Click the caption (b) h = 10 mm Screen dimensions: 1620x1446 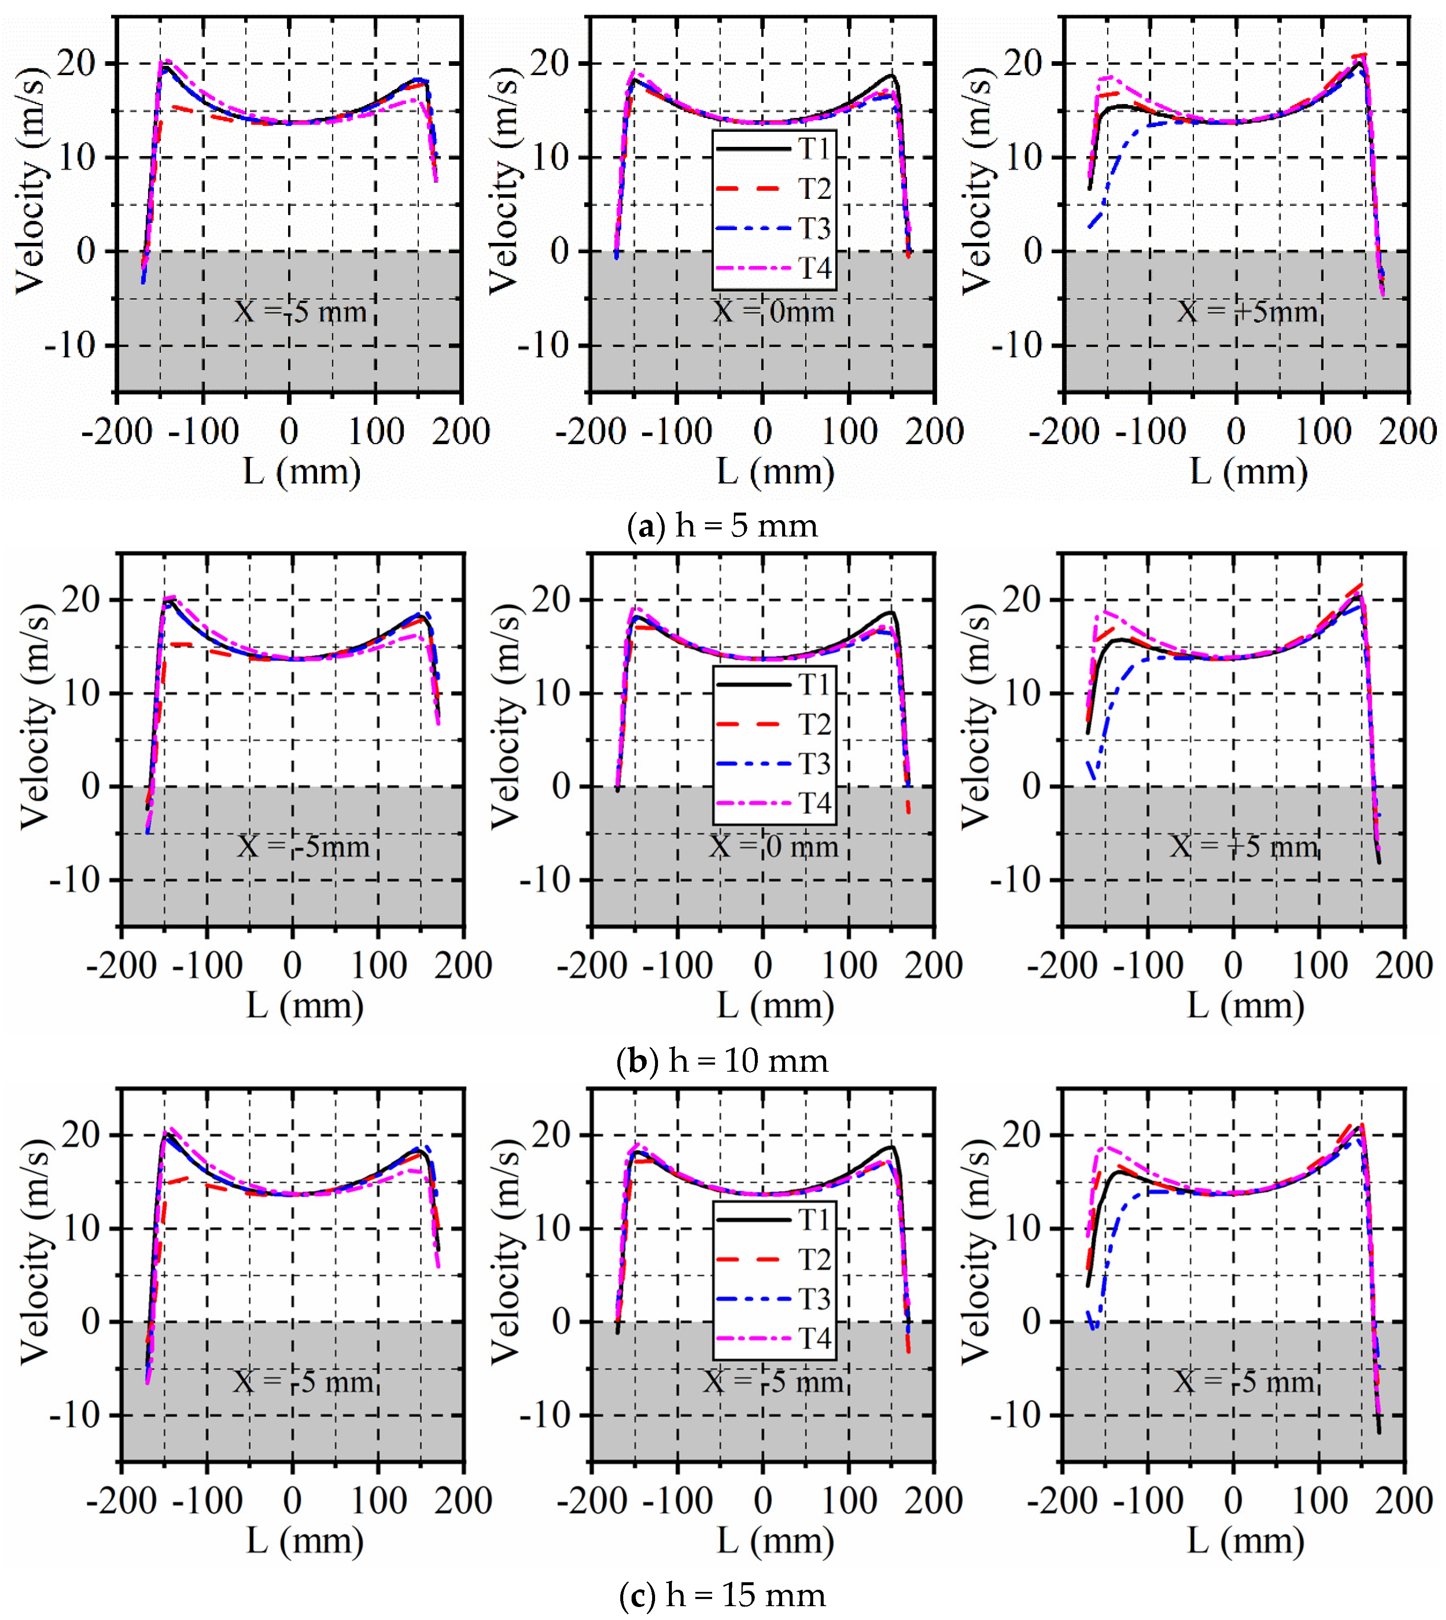click(722, 1061)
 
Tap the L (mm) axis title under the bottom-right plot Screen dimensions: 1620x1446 click(1246, 1541)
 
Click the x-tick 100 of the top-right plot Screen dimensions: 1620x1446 click(1322, 431)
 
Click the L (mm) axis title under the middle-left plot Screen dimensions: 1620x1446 click(304, 1006)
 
